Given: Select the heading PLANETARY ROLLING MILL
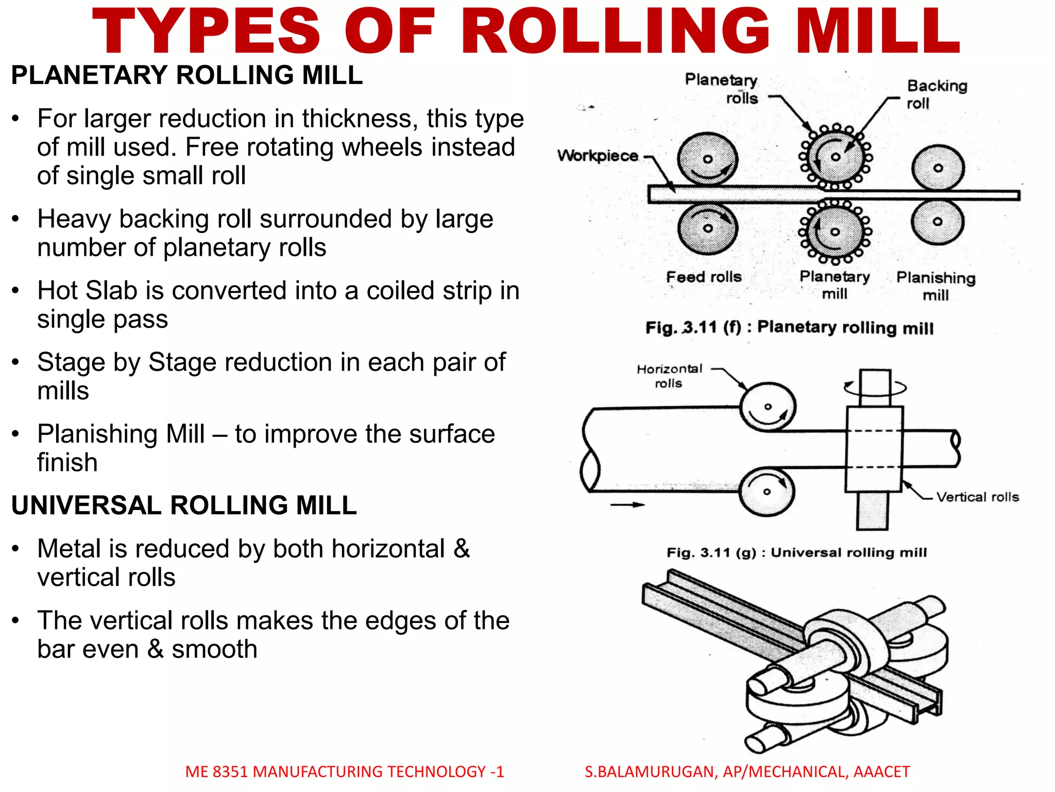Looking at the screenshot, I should (186, 75).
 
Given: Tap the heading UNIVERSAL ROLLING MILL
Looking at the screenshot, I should (184, 505).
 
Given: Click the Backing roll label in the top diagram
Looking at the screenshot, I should (936, 94).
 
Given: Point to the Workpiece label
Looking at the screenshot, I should (598, 156).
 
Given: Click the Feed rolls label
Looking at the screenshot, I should (704, 277).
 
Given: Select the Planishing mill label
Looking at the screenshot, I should (935, 286).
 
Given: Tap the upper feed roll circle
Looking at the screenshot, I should (707, 159).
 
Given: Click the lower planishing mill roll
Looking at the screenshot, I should (938, 222).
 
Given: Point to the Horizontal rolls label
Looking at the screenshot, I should (669, 376).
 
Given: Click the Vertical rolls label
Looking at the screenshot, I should (977, 497).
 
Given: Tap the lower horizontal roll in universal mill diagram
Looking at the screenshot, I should (767, 491).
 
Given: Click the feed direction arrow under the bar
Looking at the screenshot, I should (627, 505).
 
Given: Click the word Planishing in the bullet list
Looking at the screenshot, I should (121, 434).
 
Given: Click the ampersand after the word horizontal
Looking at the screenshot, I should (462, 549).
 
